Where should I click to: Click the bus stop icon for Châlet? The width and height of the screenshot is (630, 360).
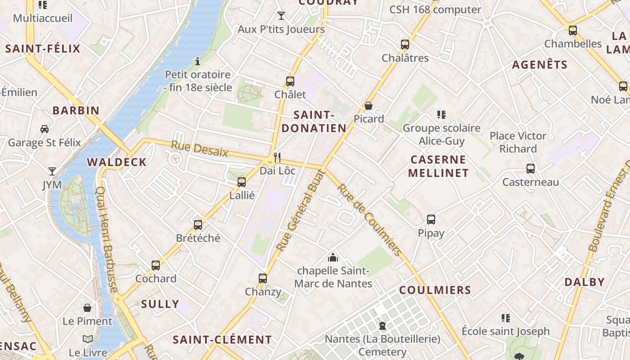[290, 81]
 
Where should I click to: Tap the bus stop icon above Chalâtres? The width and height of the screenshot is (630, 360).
[405, 45]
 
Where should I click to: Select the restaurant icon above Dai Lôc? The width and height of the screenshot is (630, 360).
[277, 157]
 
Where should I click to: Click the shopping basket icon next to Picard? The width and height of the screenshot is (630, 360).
[369, 106]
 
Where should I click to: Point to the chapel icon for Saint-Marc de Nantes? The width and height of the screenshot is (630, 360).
[333, 257]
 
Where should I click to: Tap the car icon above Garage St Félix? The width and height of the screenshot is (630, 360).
[45, 129]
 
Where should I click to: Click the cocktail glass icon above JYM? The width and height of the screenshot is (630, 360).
[52, 171]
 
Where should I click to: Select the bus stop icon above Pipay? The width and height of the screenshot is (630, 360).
[431, 220]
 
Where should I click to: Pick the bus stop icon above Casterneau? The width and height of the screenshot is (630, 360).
[531, 169]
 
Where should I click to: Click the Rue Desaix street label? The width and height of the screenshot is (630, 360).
[199, 149]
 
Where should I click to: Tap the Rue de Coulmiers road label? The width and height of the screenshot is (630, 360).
[369, 220]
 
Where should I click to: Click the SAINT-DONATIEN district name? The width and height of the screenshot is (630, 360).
[314, 121]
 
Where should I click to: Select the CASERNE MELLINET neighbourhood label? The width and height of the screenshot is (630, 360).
[438, 166]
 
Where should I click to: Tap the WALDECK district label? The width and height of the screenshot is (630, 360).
[117, 162]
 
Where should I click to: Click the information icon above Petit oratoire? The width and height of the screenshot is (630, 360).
[197, 61]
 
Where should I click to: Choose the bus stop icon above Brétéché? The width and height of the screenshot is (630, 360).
[198, 225]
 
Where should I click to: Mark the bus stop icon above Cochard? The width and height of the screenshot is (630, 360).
[156, 265]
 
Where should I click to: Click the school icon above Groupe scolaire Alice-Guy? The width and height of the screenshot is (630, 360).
[441, 115]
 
